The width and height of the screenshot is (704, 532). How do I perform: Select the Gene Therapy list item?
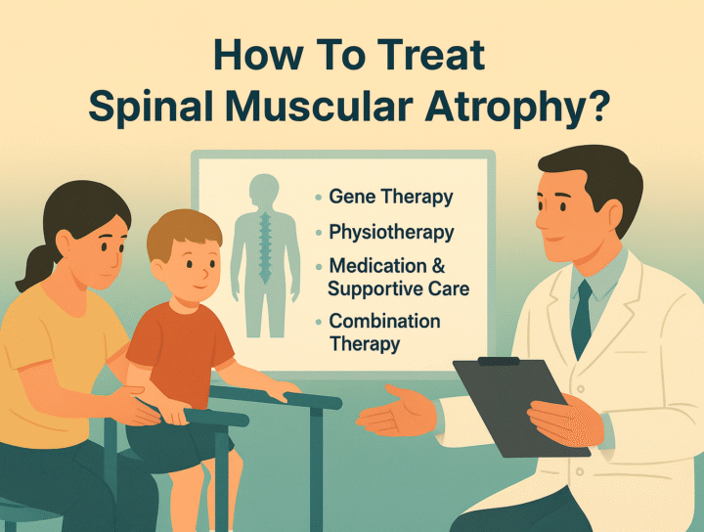coord(390,197)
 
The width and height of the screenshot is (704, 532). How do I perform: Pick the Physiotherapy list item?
coord(391,233)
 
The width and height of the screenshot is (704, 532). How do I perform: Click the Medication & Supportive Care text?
coord(398,277)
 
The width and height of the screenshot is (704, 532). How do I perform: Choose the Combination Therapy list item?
coord(384,332)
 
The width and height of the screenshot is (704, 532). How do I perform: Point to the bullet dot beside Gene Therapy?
coord(318,199)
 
